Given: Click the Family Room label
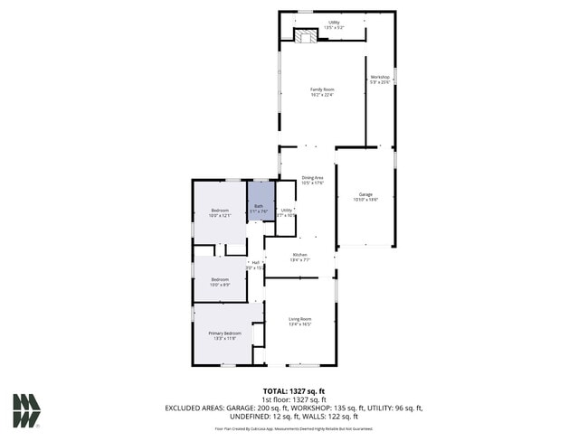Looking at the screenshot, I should tap(322, 90).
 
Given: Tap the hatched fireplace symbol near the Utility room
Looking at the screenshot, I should tap(307, 36).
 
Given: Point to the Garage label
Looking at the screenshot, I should tap(365, 196).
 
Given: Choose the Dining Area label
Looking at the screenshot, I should tap(312, 180).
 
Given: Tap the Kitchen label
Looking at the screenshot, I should tap(299, 256).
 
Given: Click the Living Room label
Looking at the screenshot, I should tap(300, 320).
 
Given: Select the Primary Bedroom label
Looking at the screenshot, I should tap(225, 334).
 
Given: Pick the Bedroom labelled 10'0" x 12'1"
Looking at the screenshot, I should tap(221, 212).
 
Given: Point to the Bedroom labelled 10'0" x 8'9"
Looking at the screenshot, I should tap(220, 281).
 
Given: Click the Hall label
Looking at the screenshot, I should tap(256, 264).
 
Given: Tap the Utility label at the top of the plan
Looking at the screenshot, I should tap(334, 23).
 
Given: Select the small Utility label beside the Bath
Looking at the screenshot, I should tap(286, 211).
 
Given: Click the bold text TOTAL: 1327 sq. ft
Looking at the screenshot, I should tap(294, 389).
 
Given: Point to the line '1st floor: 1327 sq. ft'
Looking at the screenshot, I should tap(294, 399).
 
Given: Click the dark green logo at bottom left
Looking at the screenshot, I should tap(26, 411).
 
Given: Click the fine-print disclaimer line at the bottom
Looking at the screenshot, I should tap(294, 429).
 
